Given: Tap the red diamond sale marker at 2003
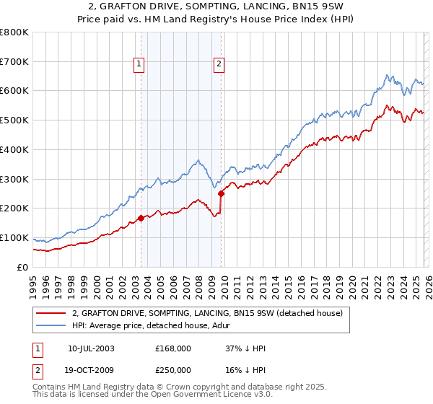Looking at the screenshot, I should click(x=141, y=218).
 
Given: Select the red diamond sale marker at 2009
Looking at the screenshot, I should click(x=221, y=193).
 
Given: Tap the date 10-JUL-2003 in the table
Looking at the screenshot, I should click(x=91, y=348).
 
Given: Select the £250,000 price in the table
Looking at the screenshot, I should click(x=173, y=370).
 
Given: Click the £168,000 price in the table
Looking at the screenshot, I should click(x=173, y=348).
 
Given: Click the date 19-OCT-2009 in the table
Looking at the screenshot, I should click(x=92, y=370).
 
